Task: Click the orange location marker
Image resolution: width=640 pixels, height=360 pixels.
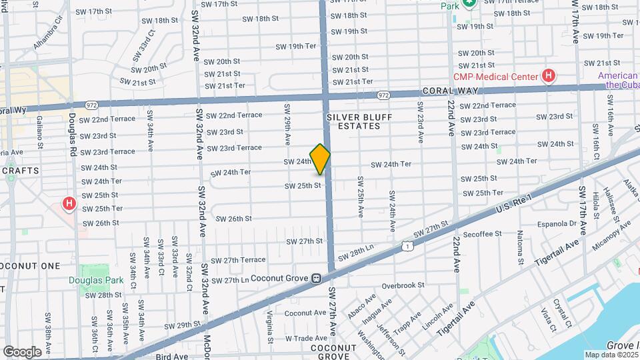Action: coord(320,159)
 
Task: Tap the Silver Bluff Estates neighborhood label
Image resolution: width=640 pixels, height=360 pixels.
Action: coord(359,121)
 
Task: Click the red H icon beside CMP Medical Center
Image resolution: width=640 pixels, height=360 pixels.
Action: coord(548,76)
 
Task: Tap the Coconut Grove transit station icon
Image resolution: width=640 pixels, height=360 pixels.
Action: coord(317,278)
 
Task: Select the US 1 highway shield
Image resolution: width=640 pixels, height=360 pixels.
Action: coord(406,247)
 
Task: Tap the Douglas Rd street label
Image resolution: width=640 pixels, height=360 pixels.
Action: coord(72,133)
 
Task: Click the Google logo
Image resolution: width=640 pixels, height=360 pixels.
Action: coord(22,352)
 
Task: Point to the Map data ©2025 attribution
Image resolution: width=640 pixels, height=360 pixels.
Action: coord(611,355)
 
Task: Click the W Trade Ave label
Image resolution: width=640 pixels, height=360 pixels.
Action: coord(307,338)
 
